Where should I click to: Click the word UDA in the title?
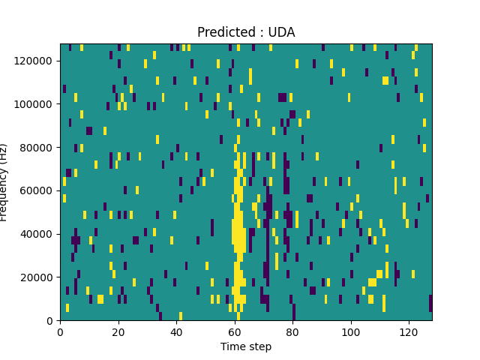(282, 32)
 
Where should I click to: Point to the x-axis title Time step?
(246, 346)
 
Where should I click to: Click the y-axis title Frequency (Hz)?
(4, 182)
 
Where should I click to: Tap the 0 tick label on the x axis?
(60, 331)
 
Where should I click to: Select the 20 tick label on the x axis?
(118, 331)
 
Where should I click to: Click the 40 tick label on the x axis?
(176, 331)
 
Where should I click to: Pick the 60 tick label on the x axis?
(234, 331)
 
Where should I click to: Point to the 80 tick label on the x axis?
(292, 331)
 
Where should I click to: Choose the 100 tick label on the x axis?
(350, 331)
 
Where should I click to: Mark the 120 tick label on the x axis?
(408, 331)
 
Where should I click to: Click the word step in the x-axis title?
(259, 346)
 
